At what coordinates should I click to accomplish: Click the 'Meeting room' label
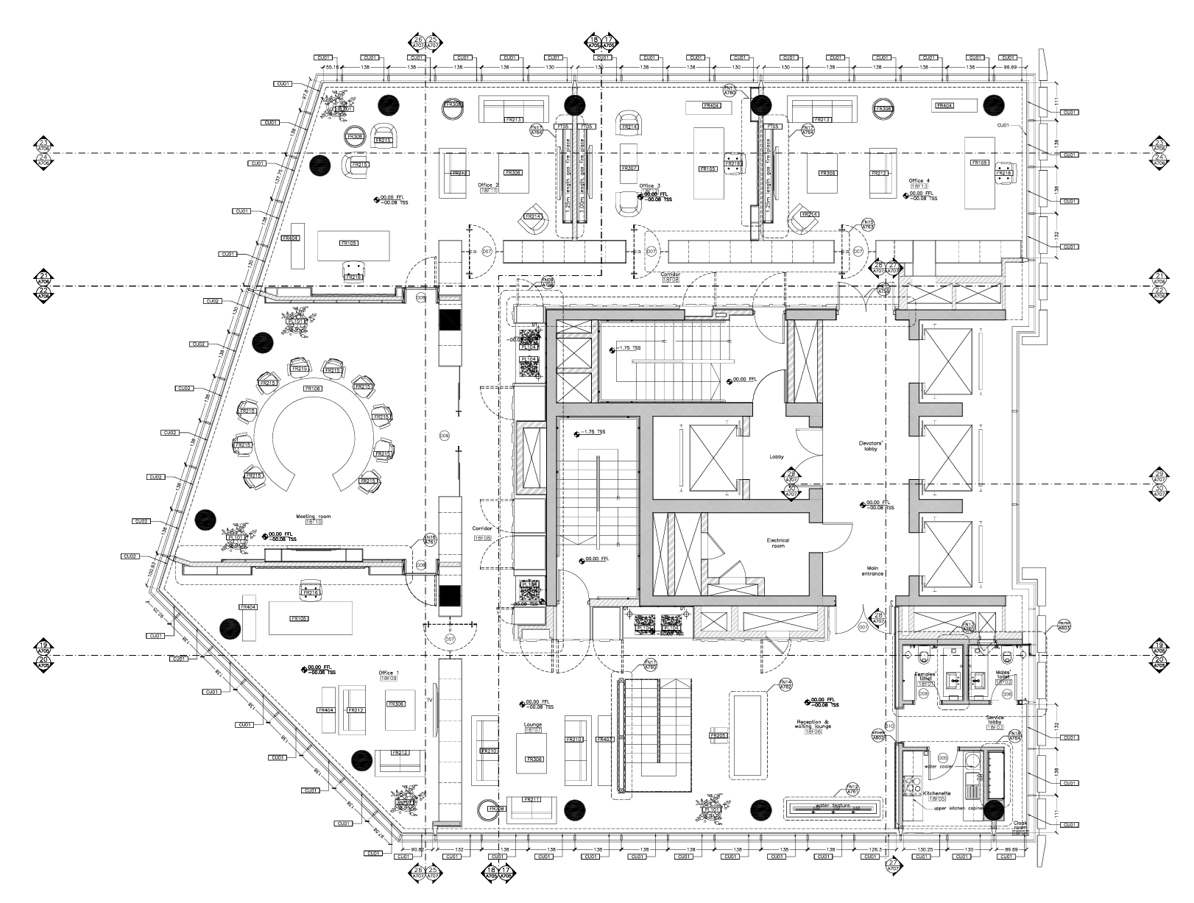[314, 517]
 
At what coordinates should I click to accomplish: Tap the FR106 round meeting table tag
[313, 389]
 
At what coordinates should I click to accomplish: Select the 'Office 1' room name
[389, 673]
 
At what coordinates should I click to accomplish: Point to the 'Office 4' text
[919, 180]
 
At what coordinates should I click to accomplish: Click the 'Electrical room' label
[777, 543]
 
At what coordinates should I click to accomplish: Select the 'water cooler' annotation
[939, 767]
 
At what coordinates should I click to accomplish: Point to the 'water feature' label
[833, 806]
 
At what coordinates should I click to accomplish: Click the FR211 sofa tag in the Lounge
[531, 799]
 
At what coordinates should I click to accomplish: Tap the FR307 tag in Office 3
[629, 169]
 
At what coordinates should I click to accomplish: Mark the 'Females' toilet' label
[925, 676]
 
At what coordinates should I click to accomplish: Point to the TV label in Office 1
[428, 703]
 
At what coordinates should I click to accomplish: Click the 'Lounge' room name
[532, 725]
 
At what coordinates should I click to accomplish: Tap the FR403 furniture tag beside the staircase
[604, 739]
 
